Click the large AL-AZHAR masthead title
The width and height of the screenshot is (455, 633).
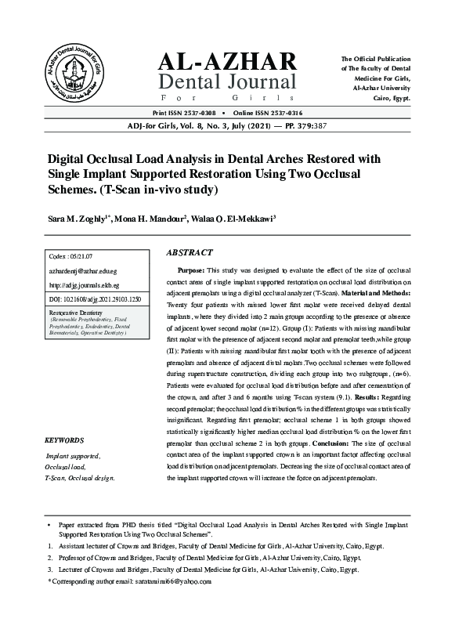pos(226,62)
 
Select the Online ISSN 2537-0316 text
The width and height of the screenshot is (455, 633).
pos(275,114)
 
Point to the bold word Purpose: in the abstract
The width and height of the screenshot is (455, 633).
pos(191,269)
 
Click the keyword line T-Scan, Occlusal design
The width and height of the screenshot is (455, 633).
pos(79,477)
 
